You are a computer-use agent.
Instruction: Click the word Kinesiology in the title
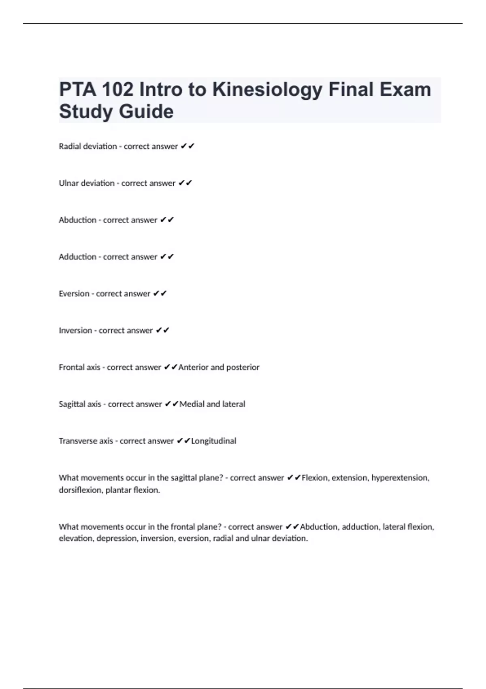[x=267, y=90]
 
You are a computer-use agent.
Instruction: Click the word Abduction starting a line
[x=77, y=220]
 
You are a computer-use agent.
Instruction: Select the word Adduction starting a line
[x=77, y=257]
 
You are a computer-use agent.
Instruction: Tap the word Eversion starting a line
[x=74, y=294]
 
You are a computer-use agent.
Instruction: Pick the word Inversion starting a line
[x=75, y=331]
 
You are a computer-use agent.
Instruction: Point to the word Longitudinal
[x=213, y=441]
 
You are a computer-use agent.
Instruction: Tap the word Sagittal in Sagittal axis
[x=71, y=404]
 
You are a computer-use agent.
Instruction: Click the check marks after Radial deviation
[x=188, y=146]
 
